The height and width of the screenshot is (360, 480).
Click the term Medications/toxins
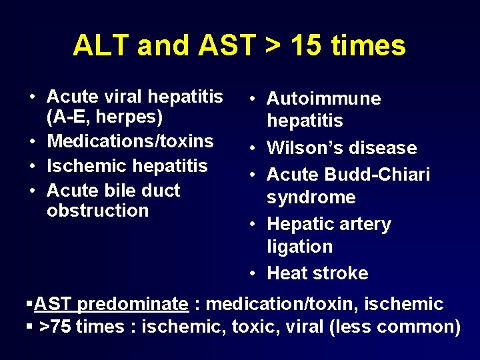(x=130, y=141)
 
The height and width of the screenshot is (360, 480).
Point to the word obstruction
(x=97, y=211)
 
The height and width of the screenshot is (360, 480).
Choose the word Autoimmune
(x=323, y=99)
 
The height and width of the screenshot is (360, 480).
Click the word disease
(x=384, y=148)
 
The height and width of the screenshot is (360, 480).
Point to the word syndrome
(x=311, y=197)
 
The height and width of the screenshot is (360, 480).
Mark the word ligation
(x=299, y=247)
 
